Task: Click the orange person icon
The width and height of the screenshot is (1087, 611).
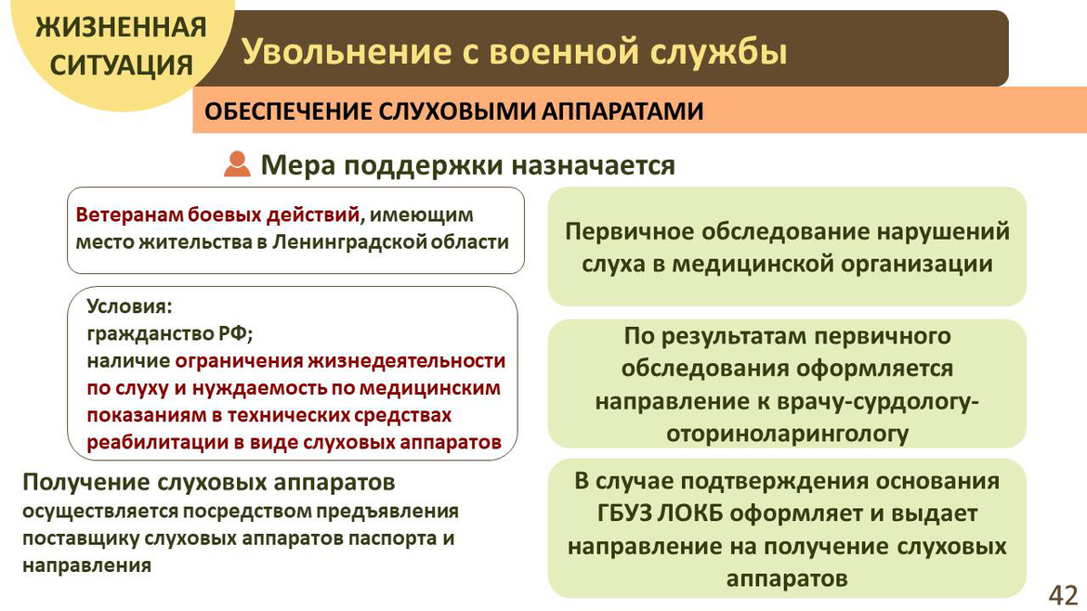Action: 237,164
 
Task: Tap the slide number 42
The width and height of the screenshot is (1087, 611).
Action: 1063,595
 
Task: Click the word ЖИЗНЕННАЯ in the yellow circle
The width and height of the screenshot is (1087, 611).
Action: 122,28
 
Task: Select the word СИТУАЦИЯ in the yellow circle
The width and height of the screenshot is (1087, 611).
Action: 122,65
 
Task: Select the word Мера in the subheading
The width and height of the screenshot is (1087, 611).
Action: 297,165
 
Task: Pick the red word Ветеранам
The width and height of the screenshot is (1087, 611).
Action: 130,214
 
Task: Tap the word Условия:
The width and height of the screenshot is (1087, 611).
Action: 130,305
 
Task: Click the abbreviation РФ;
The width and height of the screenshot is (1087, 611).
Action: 236,334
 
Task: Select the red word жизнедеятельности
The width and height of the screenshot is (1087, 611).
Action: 406,361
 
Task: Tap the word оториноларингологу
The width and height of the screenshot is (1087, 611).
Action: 787,434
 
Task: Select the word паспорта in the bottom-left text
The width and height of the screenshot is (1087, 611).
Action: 390,539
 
